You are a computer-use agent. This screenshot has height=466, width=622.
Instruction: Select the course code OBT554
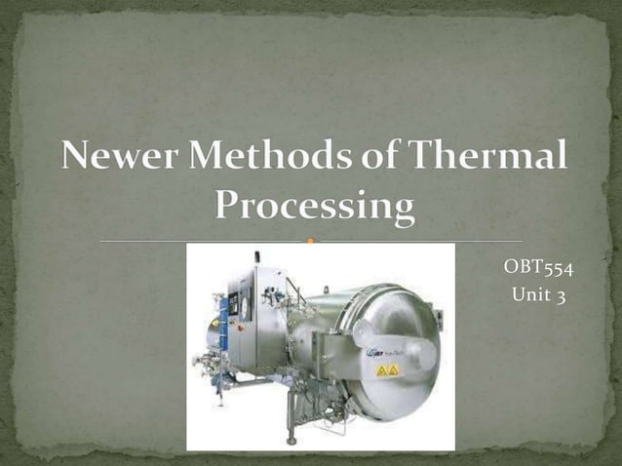pos(538,268)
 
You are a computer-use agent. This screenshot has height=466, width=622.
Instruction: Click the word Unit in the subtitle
pos(527,295)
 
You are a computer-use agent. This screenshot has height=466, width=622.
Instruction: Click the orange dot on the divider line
pos(311,240)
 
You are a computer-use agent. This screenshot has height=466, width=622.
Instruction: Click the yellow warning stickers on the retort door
pos(388,370)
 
